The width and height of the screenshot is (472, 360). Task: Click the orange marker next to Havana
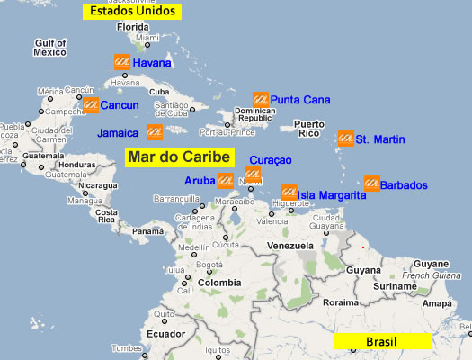point(121,62)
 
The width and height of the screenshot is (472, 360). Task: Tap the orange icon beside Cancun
point(90,105)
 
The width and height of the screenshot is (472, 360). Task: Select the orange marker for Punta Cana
point(261,99)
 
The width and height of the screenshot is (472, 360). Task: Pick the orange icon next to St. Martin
point(344,139)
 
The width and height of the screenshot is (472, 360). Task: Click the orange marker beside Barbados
point(370,184)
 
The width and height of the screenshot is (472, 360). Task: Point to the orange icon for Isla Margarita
point(289,193)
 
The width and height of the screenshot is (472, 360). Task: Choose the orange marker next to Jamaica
point(154,131)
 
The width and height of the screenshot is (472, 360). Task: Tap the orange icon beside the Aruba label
point(226,180)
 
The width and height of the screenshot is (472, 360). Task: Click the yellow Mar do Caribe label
point(180,156)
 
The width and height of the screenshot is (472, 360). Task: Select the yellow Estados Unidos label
point(130,12)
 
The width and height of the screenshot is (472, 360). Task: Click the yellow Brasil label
point(382,341)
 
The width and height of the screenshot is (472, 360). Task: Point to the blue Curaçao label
point(271,159)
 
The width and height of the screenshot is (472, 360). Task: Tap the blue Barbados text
point(404,185)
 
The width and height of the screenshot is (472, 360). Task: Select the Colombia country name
point(219,283)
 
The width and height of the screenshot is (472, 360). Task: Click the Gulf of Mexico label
point(50,48)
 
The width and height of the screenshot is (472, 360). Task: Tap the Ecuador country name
point(166,332)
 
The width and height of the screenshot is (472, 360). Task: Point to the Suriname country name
point(396,285)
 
